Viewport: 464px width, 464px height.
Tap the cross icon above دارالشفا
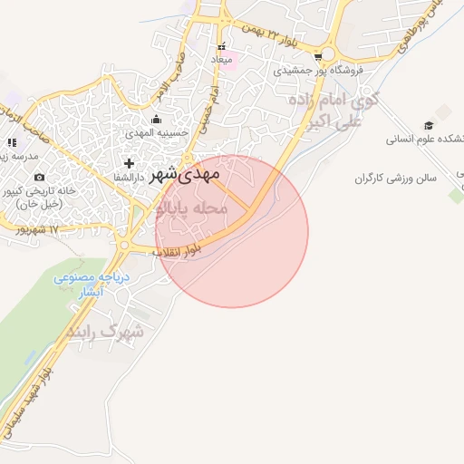tap(130, 164)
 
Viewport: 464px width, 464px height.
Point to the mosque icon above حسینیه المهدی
tap(156, 119)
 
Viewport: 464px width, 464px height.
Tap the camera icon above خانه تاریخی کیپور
tap(39, 177)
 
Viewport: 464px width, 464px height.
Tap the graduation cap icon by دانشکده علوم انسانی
tap(429, 126)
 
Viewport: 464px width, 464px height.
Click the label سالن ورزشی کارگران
tap(395, 178)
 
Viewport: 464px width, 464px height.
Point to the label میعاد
tap(221, 60)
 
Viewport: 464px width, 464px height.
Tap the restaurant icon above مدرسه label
tap(12, 142)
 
